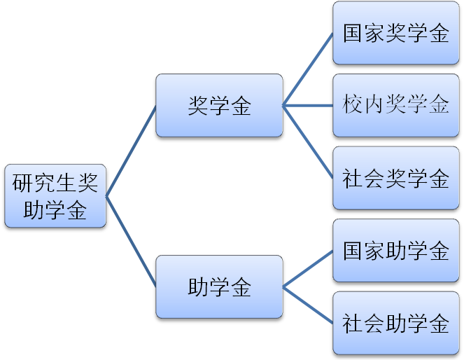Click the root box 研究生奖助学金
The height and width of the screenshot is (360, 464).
[x=55, y=196]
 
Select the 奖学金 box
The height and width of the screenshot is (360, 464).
[x=219, y=106]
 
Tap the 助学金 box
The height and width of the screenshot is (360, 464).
[x=219, y=286]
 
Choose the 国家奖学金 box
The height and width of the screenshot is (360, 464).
[x=395, y=33]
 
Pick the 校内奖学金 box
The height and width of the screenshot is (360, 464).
[x=395, y=106]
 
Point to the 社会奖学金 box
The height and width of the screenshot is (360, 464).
[x=395, y=178]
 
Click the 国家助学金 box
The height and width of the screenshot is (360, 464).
[x=395, y=251]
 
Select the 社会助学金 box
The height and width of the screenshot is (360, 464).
[x=395, y=323]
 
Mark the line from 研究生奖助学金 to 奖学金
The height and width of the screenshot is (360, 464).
[x=131, y=151]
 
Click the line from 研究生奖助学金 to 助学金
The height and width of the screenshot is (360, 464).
[x=131, y=242]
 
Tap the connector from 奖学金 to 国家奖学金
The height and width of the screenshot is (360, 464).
[x=308, y=69]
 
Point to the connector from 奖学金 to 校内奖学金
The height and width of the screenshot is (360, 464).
[x=308, y=106]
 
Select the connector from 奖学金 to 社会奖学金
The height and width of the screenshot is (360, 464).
[x=308, y=142]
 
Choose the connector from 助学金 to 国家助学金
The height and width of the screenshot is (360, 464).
[x=308, y=269]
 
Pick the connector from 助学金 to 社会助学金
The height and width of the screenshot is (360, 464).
[x=308, y=305]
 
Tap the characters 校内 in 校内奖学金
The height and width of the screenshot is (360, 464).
[x=360, y=106]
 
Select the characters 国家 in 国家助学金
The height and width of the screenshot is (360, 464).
[x=360, y=251]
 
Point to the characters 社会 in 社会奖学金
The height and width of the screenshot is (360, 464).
[x=360, y=178]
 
